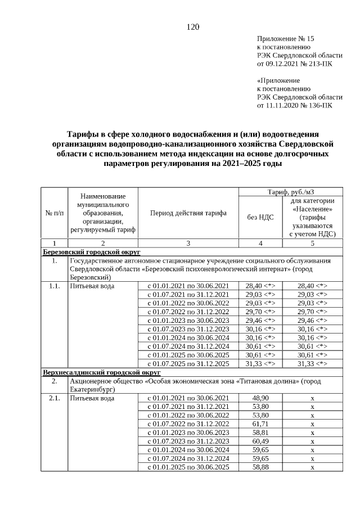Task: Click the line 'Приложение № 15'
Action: coord(286,39)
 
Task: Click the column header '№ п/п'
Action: coord(54,214)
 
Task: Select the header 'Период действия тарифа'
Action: coord(188,214)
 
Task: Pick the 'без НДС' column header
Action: coord(260,217)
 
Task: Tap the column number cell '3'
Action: coord(188,242)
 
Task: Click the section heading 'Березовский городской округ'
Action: coord(92,251)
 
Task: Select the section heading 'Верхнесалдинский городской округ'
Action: coord(102,372)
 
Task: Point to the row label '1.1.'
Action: coord(54,286)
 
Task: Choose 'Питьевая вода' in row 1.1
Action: coord(92,286)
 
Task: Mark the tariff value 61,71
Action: coord(260,422)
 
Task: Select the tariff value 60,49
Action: coord(260,441)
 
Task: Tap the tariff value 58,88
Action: coord(260,467)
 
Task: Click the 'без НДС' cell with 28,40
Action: coord(260,286)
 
